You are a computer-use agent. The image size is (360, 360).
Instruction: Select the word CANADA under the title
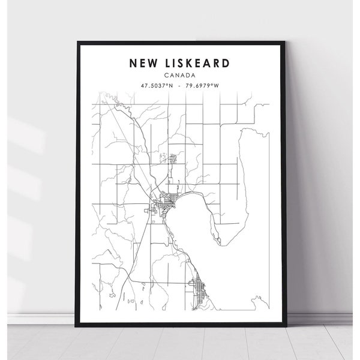point(179,75)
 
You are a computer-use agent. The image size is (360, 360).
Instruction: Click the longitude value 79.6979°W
point(203,86)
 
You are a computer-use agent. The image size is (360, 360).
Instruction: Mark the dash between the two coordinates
point(180,86)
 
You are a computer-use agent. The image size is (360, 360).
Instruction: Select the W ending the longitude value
point(217,86)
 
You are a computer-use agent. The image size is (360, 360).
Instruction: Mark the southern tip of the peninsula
point(221,243)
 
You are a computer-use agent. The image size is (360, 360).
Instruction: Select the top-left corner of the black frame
point(79,41)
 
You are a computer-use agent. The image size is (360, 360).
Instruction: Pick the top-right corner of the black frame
point(282,41)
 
